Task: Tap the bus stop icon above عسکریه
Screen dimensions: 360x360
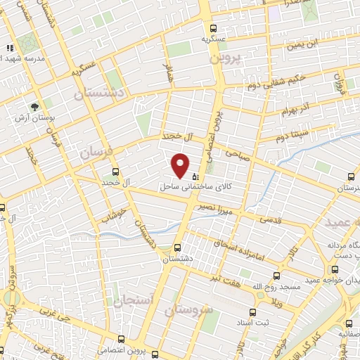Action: point(213,28)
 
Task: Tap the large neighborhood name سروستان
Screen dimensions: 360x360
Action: point(188,309)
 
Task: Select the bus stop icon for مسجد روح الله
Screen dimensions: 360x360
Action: point(275,276)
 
